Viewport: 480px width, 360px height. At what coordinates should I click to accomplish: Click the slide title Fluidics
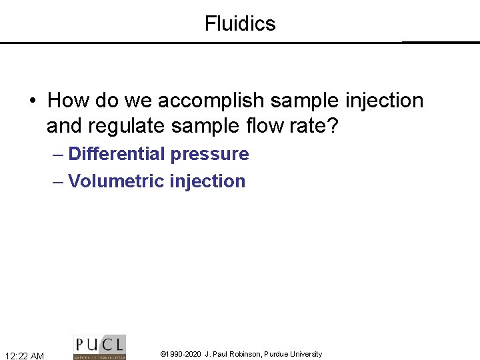[240, 24]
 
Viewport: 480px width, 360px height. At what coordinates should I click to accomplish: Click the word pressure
[209, 155]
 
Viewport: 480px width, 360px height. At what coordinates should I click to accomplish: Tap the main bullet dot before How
[32, 101]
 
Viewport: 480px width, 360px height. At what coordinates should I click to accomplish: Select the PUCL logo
[99, 347]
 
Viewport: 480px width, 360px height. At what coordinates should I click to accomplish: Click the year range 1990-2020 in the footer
[184, 354]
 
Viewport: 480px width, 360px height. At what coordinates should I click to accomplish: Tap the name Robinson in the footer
[244, 354]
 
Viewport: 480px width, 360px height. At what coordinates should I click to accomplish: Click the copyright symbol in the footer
[164, 354]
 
